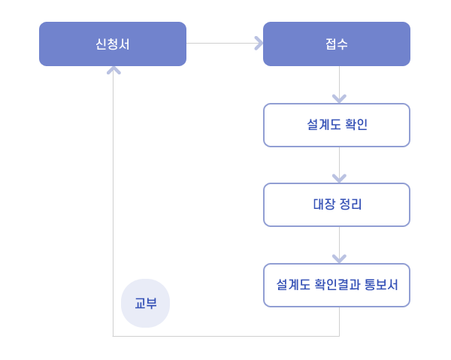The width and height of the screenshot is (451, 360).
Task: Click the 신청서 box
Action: (x=113, y=44)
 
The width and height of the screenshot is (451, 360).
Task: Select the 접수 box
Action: (x=337, y=44)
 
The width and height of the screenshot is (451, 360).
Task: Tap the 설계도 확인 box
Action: (x=337, y=125)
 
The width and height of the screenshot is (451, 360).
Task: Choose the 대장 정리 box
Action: (x=337, y=204)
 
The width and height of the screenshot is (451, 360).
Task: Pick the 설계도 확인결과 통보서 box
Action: (x=337, y=286)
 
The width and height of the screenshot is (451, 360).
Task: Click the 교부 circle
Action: (x=146, y=304)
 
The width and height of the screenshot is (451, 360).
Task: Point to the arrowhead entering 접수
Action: (x=259, y=44)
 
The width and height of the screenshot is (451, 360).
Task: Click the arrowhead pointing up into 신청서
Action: (x=114, y=71)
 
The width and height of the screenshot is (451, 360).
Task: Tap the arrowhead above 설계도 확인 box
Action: (x=340, y=98)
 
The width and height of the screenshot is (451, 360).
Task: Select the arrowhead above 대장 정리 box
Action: (x=340, y=178)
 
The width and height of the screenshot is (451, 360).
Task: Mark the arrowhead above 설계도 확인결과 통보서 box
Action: (x=340, y=259)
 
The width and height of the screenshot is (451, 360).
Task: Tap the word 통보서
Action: (x=381, y=285)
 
